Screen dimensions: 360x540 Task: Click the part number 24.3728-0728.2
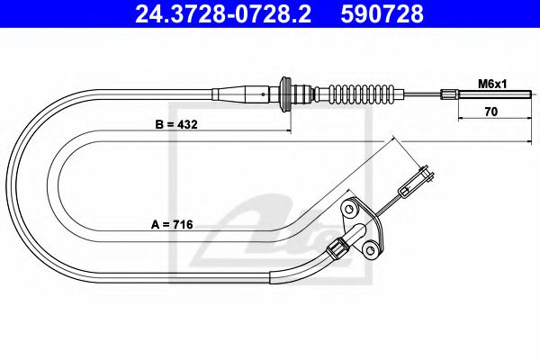(216, 14)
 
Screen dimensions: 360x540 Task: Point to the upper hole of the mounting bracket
(349, 211)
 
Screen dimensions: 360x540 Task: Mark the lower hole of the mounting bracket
(367, 247)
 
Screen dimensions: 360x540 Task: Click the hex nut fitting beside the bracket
(337, 244)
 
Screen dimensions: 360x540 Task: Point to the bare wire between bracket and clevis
(386, 204)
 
